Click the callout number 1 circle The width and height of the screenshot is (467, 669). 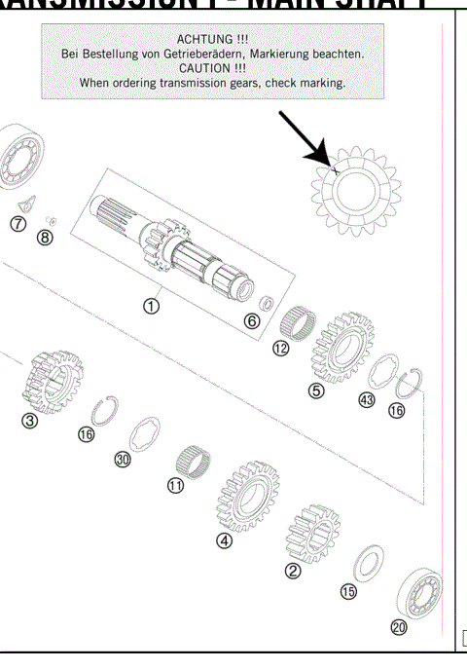152,306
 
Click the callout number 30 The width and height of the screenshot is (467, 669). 123,461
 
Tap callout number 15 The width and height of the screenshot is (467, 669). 347,591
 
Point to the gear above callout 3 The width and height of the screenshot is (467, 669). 51,381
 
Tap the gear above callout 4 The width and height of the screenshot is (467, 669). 239,497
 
